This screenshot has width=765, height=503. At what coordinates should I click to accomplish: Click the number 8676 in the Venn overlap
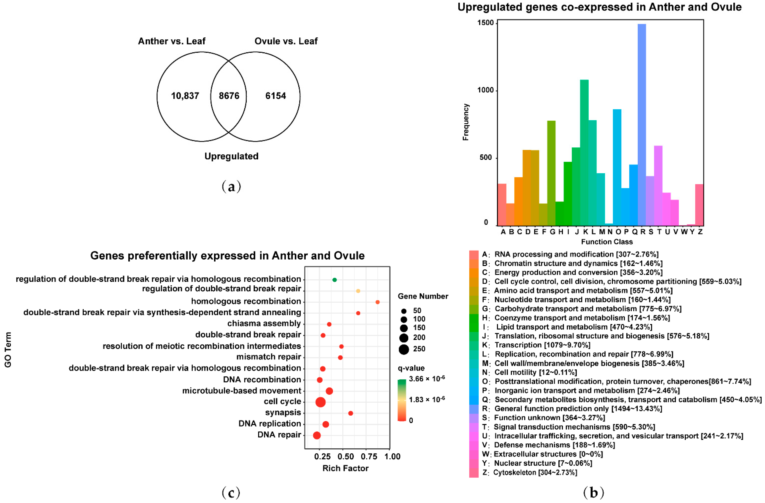click(x=229, y=96)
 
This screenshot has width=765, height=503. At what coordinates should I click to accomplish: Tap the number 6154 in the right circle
click(x=275, y=96)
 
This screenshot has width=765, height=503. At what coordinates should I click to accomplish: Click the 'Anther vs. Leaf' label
click(x=172, y=41)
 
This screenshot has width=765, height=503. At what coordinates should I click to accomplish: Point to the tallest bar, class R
click(x=642, y=126)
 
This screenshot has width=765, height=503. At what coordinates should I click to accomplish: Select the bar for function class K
click(x=584, y=153)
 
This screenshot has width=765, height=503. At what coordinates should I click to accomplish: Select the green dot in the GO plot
click(x=334, y=280)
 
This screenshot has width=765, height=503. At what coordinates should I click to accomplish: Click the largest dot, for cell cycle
click(x=320, y=402)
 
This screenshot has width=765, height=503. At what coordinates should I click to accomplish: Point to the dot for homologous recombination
click(x=377, y=302)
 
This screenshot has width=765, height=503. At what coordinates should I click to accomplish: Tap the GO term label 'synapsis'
click(x=283, y=413)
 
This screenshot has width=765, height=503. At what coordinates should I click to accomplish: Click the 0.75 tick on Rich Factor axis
click(x=369, y=456)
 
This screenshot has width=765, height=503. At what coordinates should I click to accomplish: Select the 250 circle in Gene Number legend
click(x=404, y=349)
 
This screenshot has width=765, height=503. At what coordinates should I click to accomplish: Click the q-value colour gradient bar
click(x=402, y=400)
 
